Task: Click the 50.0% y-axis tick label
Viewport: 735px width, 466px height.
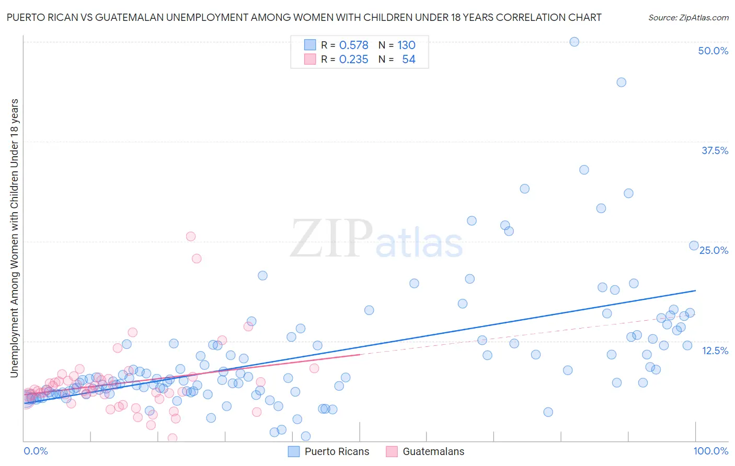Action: coord(713,51)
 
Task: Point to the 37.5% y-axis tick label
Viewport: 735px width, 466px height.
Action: coord(715,150)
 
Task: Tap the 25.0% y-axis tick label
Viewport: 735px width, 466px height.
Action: coord(714,250)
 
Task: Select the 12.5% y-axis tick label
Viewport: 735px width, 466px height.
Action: coord(715,351)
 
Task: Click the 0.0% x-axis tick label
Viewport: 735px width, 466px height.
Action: coord(36,451)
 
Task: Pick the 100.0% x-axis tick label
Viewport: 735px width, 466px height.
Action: coord(710,451)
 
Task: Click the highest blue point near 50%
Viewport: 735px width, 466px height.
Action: coord(574,42)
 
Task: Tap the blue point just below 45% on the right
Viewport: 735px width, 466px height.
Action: coord(621,82)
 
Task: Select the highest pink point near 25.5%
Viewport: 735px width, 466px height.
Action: coord(191,236)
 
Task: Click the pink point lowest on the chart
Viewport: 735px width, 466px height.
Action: coord(172,438)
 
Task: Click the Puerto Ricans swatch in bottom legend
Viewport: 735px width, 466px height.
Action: coord(294,451)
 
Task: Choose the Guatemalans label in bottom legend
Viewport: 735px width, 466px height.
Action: coord(433,451)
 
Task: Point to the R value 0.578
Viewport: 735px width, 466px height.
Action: coord(353,45)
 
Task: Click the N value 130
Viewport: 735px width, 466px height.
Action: coord(406,45)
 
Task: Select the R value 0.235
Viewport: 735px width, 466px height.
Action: coord(353,60)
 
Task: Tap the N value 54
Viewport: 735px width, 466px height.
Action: coord(408,60)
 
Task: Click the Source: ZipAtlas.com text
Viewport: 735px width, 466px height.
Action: coord(688,17)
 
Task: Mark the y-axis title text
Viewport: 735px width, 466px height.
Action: coord(14,238)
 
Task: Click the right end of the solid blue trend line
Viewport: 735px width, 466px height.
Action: coord(696,290)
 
